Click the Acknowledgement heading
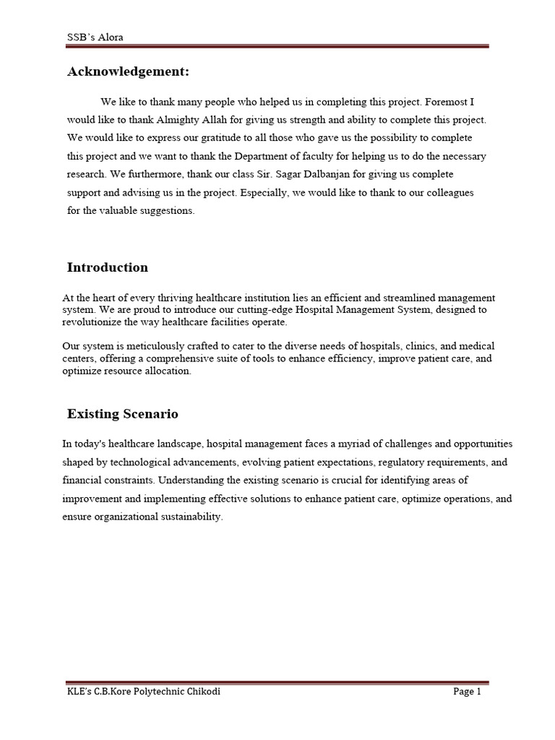(128, 72)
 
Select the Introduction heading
(107, 267)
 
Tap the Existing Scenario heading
(122, 414)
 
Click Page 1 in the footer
(466, 692)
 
